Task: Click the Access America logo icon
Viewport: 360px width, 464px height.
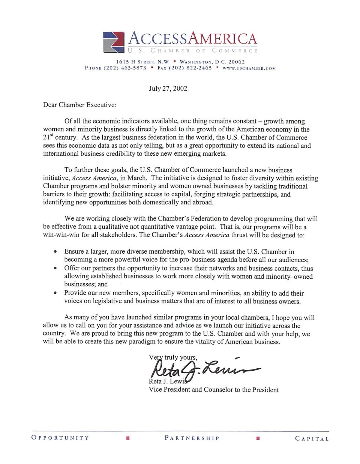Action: tap(113, 42)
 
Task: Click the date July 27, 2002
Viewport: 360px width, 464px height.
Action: tap(168, 89)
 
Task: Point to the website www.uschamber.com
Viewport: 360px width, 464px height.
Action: tap(249, 69)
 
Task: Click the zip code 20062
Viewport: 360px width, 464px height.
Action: tap(237, 62)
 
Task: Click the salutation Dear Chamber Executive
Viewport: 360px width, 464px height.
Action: tap(79, 105)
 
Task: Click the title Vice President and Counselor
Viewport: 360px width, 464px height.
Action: tap(213, 390)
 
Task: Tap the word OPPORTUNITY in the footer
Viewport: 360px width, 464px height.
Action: tap(60, 438)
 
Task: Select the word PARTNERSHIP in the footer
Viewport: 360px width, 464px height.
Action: tap(192, 438)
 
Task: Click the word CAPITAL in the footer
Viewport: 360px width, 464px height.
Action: tap(312, 438)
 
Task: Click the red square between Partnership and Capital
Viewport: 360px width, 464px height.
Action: tap(258, 438)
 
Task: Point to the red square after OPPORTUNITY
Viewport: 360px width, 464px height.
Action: tap(128, 438)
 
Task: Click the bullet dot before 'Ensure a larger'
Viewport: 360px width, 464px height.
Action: tap(56, 252)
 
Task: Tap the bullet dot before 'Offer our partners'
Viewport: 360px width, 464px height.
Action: tap(56, 268)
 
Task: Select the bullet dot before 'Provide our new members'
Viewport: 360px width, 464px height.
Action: tap(56, 293)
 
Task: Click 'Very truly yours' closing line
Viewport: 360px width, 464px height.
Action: tap(173, 357)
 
